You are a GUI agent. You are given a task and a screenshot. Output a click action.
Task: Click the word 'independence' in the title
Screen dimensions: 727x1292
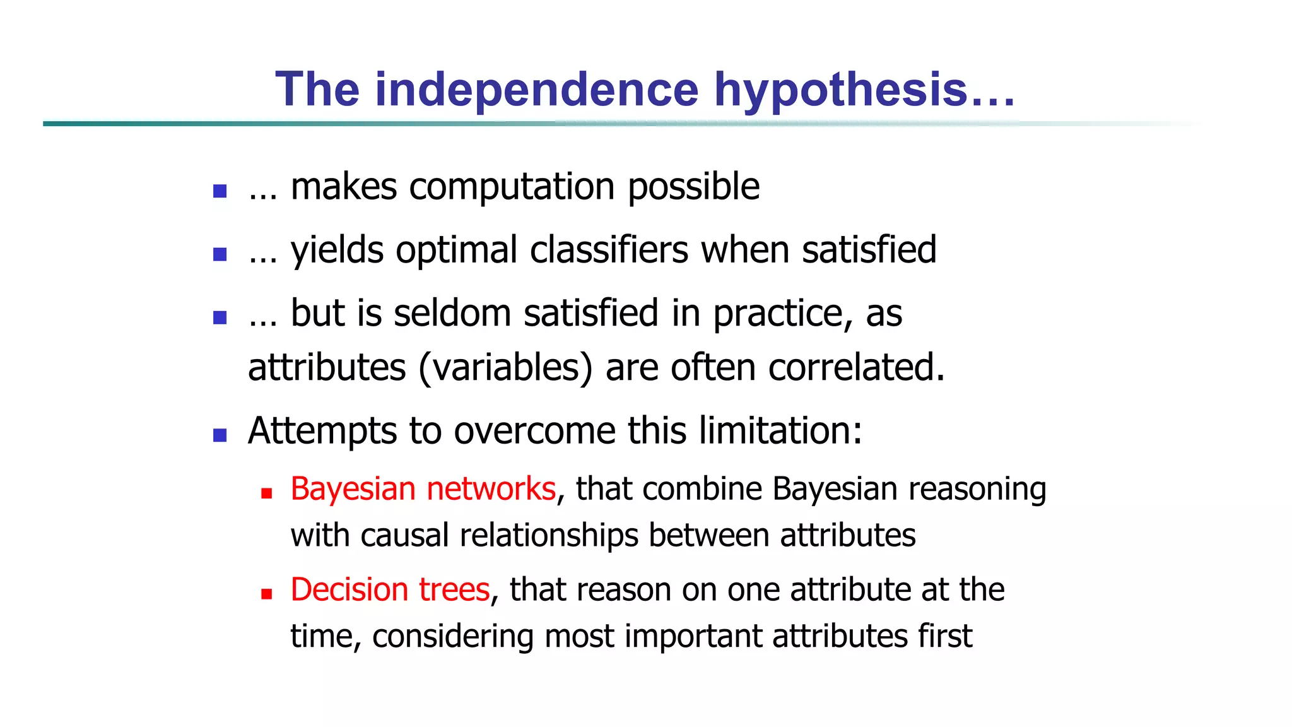point(537,89)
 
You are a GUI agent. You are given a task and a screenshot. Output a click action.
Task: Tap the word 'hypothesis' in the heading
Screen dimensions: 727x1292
point(840,89)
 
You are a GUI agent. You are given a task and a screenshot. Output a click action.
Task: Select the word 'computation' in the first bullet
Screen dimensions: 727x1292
point(512,187)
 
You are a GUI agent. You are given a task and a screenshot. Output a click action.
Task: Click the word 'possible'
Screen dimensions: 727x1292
point(693,187)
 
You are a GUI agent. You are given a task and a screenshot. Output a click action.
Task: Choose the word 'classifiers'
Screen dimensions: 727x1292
point(609,249)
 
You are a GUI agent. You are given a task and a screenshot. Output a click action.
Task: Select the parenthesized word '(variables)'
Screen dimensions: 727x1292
point(505,367)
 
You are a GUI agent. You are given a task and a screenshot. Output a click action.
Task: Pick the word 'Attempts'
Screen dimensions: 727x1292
point(322,431)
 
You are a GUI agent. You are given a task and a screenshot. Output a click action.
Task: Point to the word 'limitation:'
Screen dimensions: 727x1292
point(780,431)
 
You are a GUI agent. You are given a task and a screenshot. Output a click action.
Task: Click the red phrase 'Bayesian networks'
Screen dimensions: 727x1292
point(423,489)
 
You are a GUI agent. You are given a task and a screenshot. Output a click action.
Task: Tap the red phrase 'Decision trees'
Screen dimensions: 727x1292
point(390,590)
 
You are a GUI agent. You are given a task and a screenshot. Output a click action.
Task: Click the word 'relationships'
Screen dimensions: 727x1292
point(548,535)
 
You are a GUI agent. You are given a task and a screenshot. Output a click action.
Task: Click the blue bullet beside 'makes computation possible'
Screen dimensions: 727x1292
point(220,191)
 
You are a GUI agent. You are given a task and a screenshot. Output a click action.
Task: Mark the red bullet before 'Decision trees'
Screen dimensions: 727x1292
point(266,594)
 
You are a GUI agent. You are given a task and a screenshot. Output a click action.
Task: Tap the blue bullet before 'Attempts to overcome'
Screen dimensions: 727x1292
point(220,435)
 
